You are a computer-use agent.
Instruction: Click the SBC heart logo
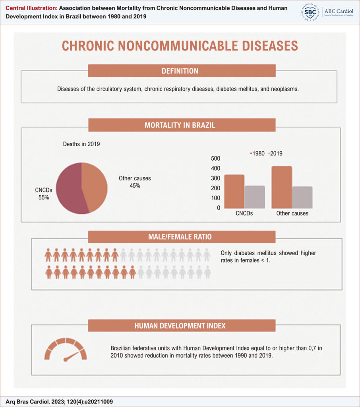click(310, 12)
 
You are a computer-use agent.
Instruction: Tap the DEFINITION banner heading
click(182, 71)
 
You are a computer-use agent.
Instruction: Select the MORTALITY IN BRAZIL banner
click(182, 125)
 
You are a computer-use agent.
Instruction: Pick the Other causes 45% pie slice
click(95, 186)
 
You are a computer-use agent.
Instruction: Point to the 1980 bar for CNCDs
click(234, 192)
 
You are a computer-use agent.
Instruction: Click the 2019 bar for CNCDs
click(255, 197)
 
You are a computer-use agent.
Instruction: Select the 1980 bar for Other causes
click(282, 187)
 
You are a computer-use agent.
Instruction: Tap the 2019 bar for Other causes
click(302, 198)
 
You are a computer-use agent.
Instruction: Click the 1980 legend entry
click(257, 153)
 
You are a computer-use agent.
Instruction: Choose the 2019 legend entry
click(275, 153)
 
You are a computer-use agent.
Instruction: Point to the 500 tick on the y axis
click(215, 158)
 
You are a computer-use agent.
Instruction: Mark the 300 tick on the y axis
click(215, 178)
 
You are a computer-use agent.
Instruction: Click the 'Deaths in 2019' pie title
click(81, 144)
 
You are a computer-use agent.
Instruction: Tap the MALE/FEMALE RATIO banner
click(182, 237)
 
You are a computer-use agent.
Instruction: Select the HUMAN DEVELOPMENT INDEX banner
click(182, 326)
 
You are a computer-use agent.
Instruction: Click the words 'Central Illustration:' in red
click(31, 8)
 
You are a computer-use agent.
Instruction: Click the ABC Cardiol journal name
click(339, 11)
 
